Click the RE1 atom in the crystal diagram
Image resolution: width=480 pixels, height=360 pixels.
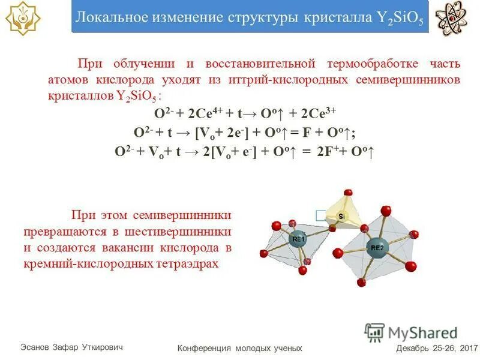298,240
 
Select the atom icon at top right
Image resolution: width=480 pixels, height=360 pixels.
452,19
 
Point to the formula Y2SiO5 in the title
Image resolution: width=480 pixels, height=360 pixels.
400,17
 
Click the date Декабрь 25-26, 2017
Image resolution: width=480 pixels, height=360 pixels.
436,348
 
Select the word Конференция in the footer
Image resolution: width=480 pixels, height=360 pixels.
206,348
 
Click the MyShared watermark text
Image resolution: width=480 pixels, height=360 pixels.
422,333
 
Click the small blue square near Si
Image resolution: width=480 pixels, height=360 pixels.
321,214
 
